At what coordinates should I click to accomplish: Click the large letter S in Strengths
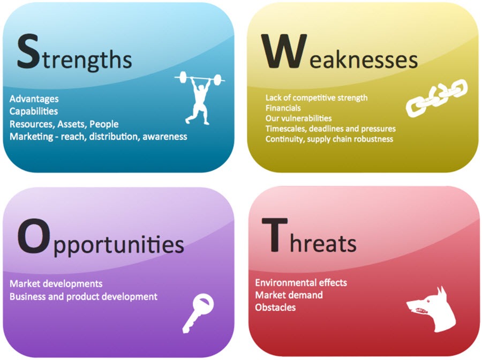[x=28, y=51]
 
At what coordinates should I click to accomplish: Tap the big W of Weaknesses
[x=284, y=51]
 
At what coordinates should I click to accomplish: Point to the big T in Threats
[x=275, y=235]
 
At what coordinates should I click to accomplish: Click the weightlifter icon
[x=200, y=97]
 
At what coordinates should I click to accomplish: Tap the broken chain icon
[x=436, y=97]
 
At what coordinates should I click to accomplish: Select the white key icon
[x=198, y=313]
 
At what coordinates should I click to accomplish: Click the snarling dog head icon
[x=431, y=309]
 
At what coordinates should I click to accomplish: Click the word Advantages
[x=34, y=99]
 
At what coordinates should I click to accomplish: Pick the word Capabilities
[x=34, y=111]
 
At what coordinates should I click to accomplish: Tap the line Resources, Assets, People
[x=64, y=124]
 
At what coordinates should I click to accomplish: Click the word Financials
[x=283, y=108]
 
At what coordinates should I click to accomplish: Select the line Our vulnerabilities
[x=298, y=118]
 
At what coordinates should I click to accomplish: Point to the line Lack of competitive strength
[x=317, y=98]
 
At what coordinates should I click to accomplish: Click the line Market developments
[x=56, y=283]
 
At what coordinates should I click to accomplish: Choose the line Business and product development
[x=84, y=297]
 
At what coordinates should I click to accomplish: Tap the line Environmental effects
[x=301, y=283]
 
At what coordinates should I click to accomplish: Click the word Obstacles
[x=275, y=307]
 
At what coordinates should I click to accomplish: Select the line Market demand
[x=289, y=295]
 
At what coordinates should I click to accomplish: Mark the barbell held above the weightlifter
[x=200, y=79]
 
